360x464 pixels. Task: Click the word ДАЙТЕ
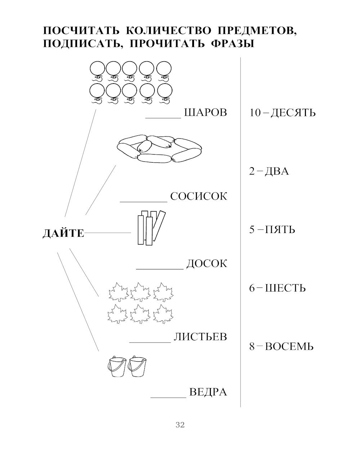(63, 233)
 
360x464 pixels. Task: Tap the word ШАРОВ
(205, 112)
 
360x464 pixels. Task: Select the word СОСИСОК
(199, 197)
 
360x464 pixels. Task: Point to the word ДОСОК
(207, 264)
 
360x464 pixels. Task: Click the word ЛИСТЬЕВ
(200, 337)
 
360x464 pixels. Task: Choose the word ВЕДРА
(208, 392)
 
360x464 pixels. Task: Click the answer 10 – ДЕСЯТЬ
(283, 113)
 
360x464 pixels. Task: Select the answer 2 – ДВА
(269, 171)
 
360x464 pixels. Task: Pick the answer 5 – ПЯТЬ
(272, 229)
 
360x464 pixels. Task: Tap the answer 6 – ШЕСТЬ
(277, 288)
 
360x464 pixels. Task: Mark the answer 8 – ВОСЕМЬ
(281, 347)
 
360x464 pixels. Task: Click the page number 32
(180, 425)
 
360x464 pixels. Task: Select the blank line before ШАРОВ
(163, 117)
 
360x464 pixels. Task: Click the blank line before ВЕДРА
(168, 397)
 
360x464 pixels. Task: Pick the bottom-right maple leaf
(163, 314)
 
